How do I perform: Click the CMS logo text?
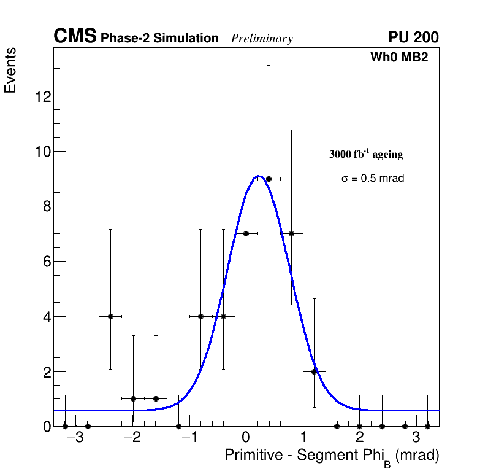point(75,37)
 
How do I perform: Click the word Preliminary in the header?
point(262,39)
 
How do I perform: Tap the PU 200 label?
point(413,37)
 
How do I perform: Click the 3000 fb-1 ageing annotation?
point(366,154)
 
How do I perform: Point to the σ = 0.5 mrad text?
point(373,179)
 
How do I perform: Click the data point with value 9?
point(269,179)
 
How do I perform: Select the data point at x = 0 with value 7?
point(246,233)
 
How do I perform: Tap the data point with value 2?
point(314,371)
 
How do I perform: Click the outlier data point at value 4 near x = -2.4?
point(110,316)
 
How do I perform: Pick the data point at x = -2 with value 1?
point(133,398)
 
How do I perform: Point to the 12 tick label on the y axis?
point(43,96)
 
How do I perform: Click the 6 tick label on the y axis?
point(47,262)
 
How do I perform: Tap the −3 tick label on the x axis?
point(74,439)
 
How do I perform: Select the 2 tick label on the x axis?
point(359,439)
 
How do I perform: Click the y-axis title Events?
point(10,70)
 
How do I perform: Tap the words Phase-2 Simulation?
point(159,39)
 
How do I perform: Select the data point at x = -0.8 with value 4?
point(200,316)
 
